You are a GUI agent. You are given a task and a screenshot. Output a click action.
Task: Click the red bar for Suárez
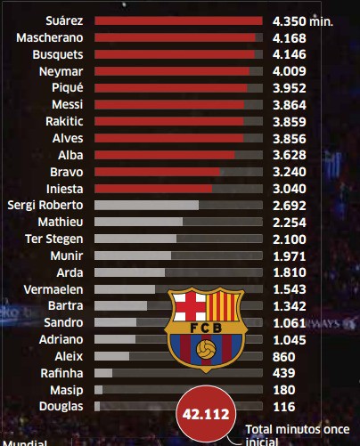178,20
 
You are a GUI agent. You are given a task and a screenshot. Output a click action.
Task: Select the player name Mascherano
50,37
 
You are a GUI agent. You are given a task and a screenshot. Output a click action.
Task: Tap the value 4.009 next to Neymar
290,71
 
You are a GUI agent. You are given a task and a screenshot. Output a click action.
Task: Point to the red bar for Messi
169,105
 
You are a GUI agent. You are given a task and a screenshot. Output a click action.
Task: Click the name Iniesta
65,189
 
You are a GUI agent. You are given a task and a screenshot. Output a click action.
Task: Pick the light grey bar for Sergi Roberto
146,205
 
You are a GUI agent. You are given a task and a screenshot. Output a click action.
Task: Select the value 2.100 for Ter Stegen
290,239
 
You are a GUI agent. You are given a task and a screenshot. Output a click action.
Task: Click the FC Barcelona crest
206,329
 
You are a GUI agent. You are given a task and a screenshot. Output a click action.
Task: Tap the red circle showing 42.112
206,414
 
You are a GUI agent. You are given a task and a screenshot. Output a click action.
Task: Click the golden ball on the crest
206,349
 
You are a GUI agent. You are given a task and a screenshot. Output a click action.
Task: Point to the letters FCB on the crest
206,328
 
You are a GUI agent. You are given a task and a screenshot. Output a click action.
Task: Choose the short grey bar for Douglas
97,407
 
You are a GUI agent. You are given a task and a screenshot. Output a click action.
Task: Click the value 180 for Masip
284,390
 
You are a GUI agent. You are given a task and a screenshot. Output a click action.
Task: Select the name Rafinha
61,373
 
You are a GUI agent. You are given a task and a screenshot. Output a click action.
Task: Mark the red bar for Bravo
157,172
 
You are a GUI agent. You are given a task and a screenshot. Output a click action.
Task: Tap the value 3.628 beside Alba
290,155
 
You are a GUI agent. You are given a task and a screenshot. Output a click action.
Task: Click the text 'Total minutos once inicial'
298,435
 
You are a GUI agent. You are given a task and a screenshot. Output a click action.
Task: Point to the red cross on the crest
190,307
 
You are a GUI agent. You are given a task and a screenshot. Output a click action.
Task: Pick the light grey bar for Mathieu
138,222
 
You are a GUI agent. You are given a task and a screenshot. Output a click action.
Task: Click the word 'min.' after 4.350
322,21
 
